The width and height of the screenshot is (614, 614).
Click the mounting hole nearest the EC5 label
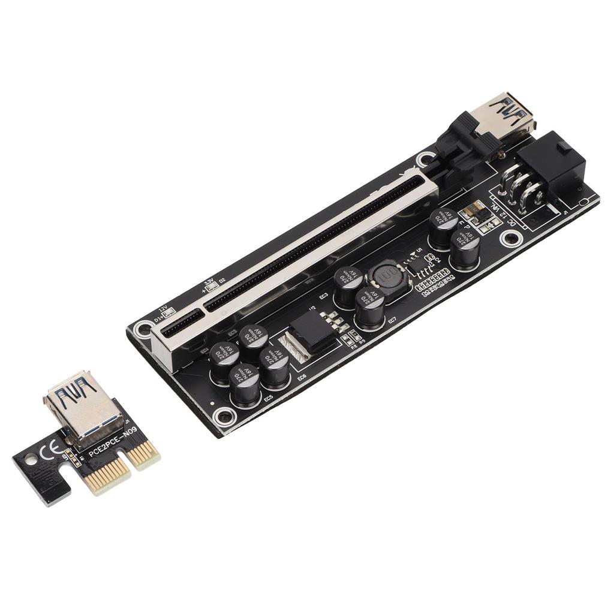[x=225, y=415]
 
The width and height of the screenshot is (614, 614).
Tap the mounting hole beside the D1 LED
[x=144, y=329]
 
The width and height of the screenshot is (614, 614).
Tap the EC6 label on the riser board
[x=302, y=377]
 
